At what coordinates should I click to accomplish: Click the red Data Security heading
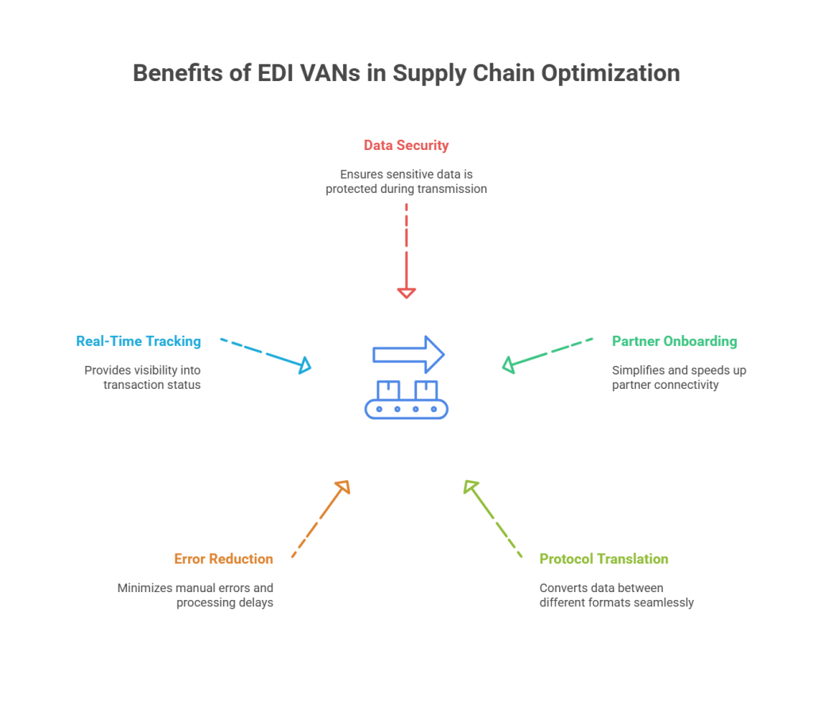(x=406, y=145)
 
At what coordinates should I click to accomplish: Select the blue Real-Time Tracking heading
(x=138, y=340)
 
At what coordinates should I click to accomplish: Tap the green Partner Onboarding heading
(x=674, y=340)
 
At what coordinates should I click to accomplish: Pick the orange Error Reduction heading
(x=224, y=560)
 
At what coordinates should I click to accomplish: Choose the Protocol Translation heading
(x=603, y=560)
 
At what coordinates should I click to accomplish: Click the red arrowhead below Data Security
(x=406, y=293)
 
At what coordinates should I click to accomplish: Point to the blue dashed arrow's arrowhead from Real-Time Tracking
(x=304, y=366)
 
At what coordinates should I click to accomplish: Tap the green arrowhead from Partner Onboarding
(x=509, y=365)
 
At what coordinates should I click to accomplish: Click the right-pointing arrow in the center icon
(x=410, y=353)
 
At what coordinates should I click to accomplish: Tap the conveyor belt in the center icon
(x=406, y=409)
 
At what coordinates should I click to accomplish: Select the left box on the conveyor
(x=388, y=390)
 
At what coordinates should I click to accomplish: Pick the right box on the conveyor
(x=426, y=390)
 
